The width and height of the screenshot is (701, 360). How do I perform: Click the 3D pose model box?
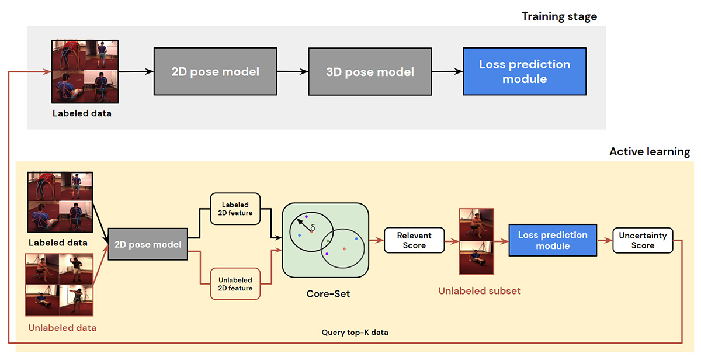(370, 72)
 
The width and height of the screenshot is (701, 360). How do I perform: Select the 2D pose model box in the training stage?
(216, 71)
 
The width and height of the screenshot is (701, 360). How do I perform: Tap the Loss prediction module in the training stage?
(525, 71)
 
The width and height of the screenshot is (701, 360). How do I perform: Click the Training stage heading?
(559, 16)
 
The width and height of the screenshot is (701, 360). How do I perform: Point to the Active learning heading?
(650, 151)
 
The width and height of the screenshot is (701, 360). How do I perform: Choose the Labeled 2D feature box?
(235, 209)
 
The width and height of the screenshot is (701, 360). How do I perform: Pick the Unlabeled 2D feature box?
(235, 284)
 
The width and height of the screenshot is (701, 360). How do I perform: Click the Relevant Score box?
(414, 240)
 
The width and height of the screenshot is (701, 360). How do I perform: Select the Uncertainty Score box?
(643, 240)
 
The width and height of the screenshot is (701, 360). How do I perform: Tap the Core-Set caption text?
(328, 293)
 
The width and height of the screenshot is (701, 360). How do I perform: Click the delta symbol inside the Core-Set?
(313, 227)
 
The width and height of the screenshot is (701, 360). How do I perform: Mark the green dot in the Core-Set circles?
(328, 241)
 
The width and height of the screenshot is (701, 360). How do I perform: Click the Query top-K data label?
(355, 332)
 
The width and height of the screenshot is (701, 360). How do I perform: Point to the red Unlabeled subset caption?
(480, 291)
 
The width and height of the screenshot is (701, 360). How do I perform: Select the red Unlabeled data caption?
(63, 328)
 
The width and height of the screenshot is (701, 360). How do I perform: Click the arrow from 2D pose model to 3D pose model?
(293, 72)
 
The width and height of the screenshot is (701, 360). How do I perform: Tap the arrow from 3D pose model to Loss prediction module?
(447, 72)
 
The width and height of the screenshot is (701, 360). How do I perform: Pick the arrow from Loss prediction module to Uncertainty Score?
(605, 240)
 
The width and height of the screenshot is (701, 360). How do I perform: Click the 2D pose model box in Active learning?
(148, 244)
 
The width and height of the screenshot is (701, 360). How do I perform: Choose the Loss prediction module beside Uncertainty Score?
(553, 240)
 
